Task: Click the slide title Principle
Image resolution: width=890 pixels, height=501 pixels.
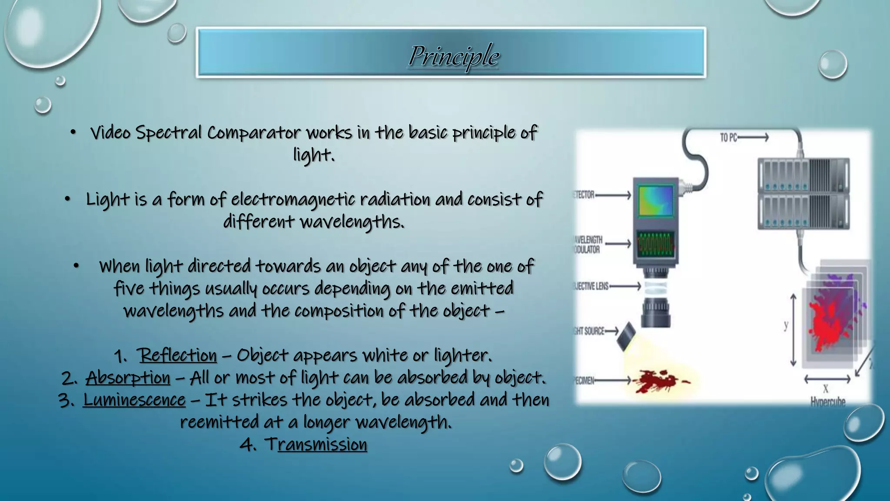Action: tap(454, 56)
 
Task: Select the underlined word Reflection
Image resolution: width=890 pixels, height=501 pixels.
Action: tap(178, 355)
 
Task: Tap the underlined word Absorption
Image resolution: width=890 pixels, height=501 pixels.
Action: tap(128, 377)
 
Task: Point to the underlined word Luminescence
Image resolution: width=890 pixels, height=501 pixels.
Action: tap(134, 400)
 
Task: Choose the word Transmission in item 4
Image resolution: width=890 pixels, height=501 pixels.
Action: tap(316, 444)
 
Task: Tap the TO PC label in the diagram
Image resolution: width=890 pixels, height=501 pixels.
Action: tap(728, 138)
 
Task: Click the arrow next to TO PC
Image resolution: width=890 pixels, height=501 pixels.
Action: tap(754, 138)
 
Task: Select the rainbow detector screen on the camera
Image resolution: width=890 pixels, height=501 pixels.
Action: tap(656, 200)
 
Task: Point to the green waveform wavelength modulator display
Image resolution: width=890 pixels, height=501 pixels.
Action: tap(656, 244)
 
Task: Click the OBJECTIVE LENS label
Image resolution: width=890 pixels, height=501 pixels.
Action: tap(591, 286)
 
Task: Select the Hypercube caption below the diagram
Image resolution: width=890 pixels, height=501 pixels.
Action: tap(827, 401)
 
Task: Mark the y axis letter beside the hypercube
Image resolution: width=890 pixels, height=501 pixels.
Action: tap(786, 325)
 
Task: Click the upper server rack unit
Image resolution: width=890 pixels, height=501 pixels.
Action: tap(803, 175)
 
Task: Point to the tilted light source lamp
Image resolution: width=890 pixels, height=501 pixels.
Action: tap(626, 336)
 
